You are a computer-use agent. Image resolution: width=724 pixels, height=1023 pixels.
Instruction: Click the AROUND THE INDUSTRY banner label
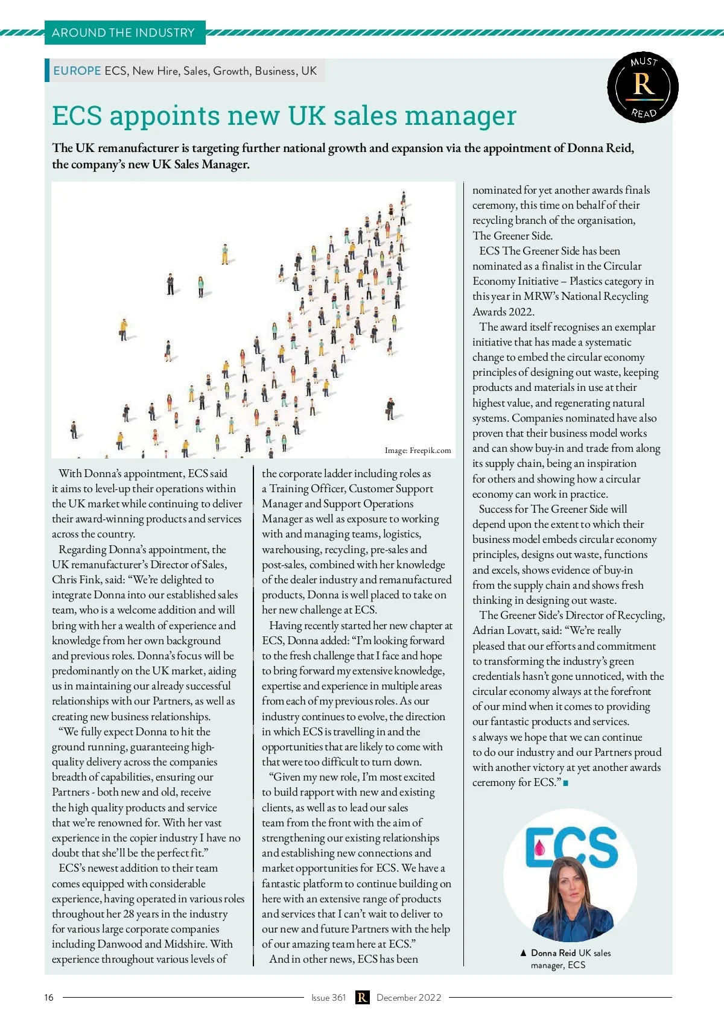(123, 33)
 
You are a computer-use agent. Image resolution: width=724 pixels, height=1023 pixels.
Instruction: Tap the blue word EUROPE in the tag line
(77, 71)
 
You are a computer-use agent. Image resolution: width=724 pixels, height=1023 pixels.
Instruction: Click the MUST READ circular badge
(643, 87)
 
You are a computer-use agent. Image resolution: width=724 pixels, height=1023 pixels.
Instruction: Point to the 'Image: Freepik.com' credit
(418, 450)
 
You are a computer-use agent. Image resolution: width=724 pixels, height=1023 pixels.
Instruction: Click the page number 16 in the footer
(49, 997)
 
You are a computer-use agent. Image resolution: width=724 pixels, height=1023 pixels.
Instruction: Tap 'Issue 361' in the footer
(328, 997)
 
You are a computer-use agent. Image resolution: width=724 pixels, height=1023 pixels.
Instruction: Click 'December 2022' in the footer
(408, 997)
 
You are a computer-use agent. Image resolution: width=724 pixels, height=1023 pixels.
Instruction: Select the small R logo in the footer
(361, 997)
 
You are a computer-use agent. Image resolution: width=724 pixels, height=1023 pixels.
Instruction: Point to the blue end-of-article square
(565, 783)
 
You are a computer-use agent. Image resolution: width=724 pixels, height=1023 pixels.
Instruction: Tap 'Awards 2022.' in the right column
(503, 311)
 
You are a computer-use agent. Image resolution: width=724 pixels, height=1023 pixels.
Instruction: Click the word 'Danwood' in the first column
(119, 944)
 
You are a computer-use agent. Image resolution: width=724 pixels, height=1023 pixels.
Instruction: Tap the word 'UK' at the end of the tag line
(309, 71)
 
